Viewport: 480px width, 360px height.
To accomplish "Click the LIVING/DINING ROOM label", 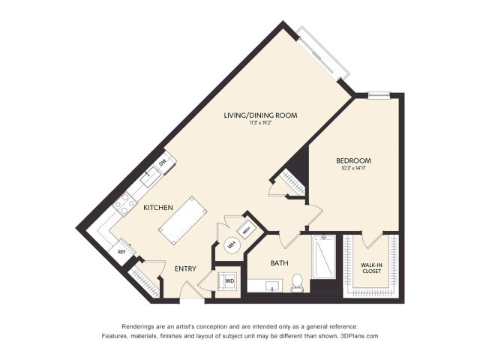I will pyautogui.click(x=261, y=115).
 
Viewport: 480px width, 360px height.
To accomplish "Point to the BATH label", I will pyautogui.click(x=279, y=262).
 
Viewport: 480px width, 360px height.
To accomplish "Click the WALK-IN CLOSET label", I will pyautogui.click(x=372, y=268).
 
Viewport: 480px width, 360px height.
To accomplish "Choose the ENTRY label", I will pyautogui.click(x=185, y=268).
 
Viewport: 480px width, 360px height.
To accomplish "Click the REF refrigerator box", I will pyautogui.click(x=121, y=252).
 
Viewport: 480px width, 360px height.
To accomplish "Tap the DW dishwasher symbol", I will pyautogui.click(x=162, y=163).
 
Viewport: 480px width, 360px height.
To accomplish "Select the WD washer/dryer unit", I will pyautogui.click(x=228, y=282).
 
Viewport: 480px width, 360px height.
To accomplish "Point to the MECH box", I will pyautogui.click(x=246, y=230).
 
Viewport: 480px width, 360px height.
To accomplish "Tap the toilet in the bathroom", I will pyautogui.click(x=297, y=283).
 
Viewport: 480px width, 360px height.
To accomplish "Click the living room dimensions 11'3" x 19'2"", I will pyautogui.click(x=261, y=123).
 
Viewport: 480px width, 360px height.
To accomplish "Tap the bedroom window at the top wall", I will pyautogui.click(x=379, y=95).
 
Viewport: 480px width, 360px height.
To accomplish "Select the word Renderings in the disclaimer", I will pyautogui.click(x=142, y=326).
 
